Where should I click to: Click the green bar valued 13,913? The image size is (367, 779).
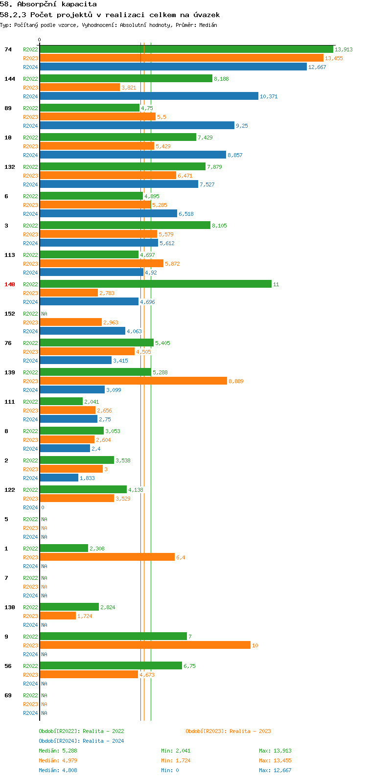pos(186,49)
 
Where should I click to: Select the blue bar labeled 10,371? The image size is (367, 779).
pos(149,96)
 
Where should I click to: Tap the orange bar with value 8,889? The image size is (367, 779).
pos(133,381)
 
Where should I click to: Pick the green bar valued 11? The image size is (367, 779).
pos(156,284)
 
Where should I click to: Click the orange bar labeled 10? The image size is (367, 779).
pos(145,645)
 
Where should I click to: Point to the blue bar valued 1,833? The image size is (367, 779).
pos(59,478)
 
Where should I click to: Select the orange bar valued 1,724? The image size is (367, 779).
pos(58,616)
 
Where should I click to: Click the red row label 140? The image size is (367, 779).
pos(10,284)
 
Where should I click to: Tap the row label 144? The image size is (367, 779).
pos(10,79)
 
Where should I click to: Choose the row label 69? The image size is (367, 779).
pos(8,695)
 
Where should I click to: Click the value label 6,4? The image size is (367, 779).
pos(181,557)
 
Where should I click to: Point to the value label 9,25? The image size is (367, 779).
pos(242,126)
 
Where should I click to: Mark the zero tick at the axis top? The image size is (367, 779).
pos(40,40)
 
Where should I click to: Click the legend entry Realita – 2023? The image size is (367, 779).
pos(228,731)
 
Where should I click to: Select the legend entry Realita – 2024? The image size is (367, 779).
pos(81,741)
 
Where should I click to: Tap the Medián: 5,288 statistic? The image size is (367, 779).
pos(58,751)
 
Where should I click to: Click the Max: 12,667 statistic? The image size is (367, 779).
pos(275,770)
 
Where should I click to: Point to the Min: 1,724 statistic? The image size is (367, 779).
pos(176,760)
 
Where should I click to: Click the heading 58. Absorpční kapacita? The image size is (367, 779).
pos(48,4)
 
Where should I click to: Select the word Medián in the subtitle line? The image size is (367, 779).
pos(208,25)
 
